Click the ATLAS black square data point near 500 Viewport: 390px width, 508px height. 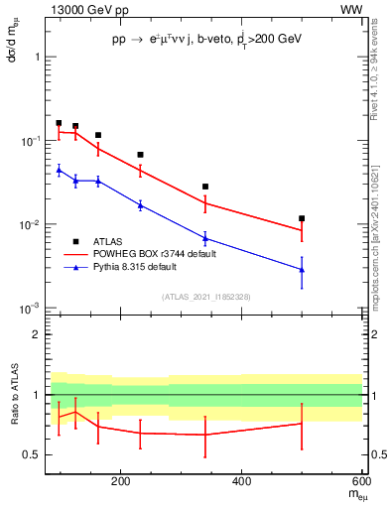[302, 218]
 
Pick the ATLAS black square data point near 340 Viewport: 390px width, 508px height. [205, 187]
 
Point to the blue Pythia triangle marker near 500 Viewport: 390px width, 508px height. [302, 270]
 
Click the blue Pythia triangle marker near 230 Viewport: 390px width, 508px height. [140, 204]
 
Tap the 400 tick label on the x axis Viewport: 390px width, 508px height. [241, 482]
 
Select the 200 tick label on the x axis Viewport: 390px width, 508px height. [120, 482]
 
